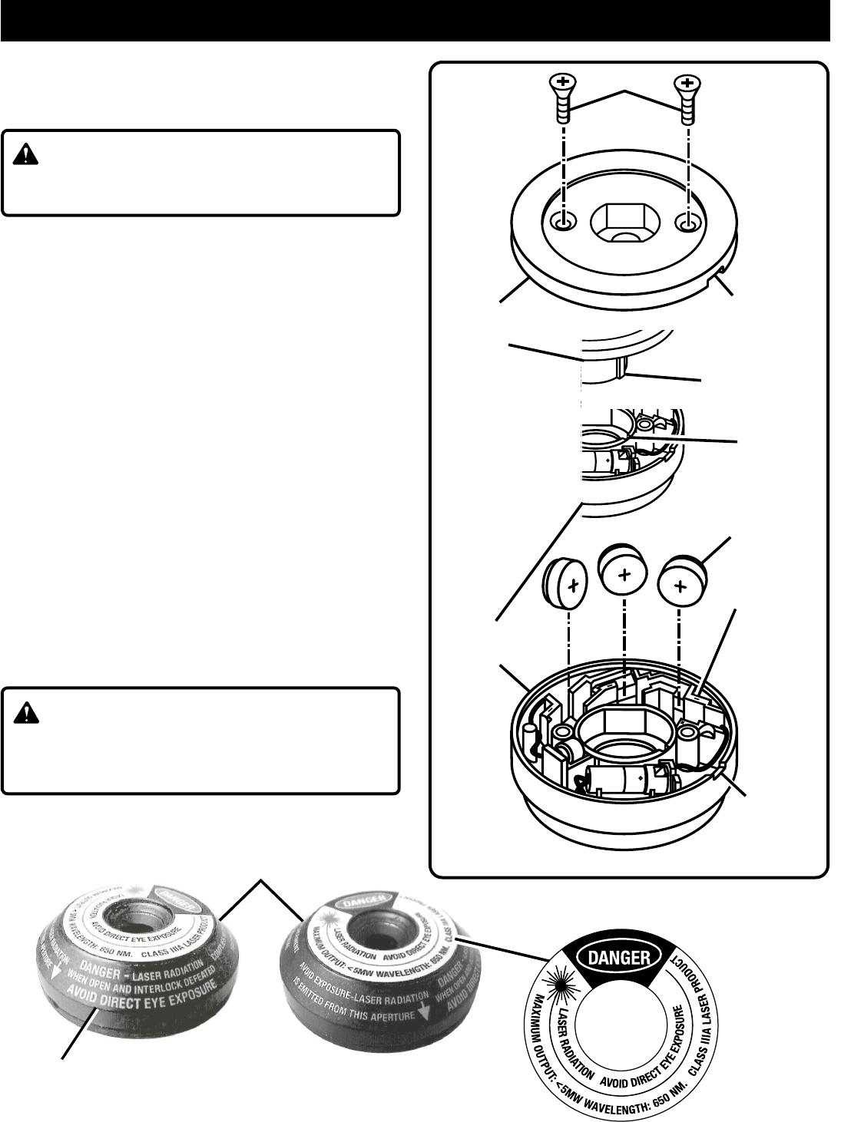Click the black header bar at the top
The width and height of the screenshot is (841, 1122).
point(415,20)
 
